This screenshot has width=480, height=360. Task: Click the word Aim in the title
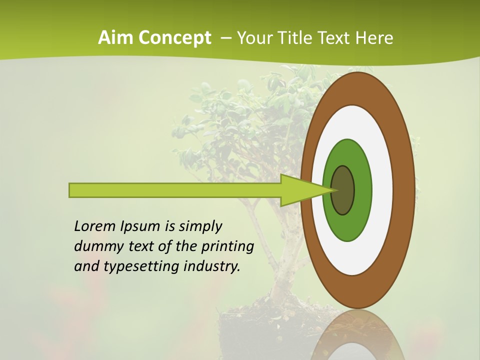(x=114, y=38)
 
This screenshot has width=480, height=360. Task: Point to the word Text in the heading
(x=337, y=38)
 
